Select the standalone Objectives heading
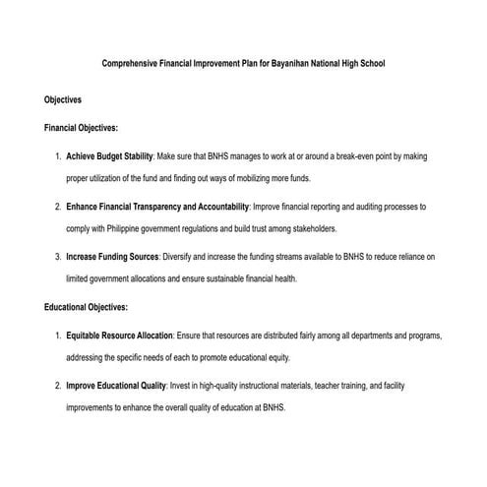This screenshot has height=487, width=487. point(63,99)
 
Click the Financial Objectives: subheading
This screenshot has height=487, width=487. point(81,128)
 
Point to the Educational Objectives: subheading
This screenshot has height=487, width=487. point(87,307)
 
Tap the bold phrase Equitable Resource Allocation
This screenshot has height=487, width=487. point(120,335)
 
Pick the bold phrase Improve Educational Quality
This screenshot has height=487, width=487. point(116,386)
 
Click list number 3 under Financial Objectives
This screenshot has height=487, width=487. point(58,256)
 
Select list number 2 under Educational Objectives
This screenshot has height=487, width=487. point(58,386)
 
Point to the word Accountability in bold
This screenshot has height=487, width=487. point(219,207)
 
